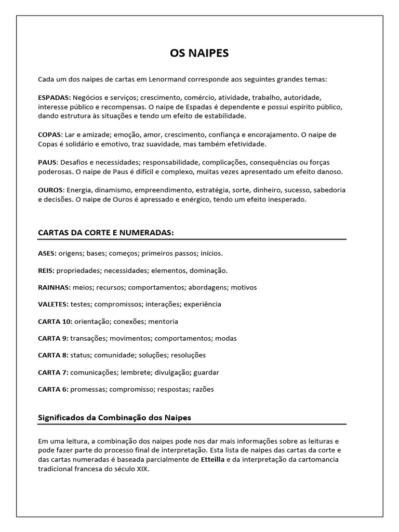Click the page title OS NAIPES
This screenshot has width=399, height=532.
[x=199, y=53]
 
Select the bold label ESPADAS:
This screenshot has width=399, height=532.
[x=55, y=97]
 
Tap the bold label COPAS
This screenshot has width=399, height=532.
[x=50, y=135]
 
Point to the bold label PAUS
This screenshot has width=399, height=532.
[x=47, y=162]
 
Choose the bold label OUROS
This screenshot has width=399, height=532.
[x=50, y=190]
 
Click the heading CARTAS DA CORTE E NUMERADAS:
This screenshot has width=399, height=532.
[x=105, y=232]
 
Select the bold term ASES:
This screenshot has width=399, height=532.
[x=47, y=253]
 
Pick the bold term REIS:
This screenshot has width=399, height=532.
[x=46, y=270]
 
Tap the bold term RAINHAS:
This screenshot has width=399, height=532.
[x=54, y=287]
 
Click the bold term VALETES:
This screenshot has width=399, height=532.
[x=53, y=304]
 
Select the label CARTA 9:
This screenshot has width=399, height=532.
[x=53, y=338]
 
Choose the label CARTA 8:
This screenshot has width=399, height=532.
[x=53, y=355]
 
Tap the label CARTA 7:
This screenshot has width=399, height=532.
[x=53, y=372]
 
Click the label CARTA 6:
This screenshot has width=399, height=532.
[x=53, y=389]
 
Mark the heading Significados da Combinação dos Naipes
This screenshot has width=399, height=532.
[x=115, y=417]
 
